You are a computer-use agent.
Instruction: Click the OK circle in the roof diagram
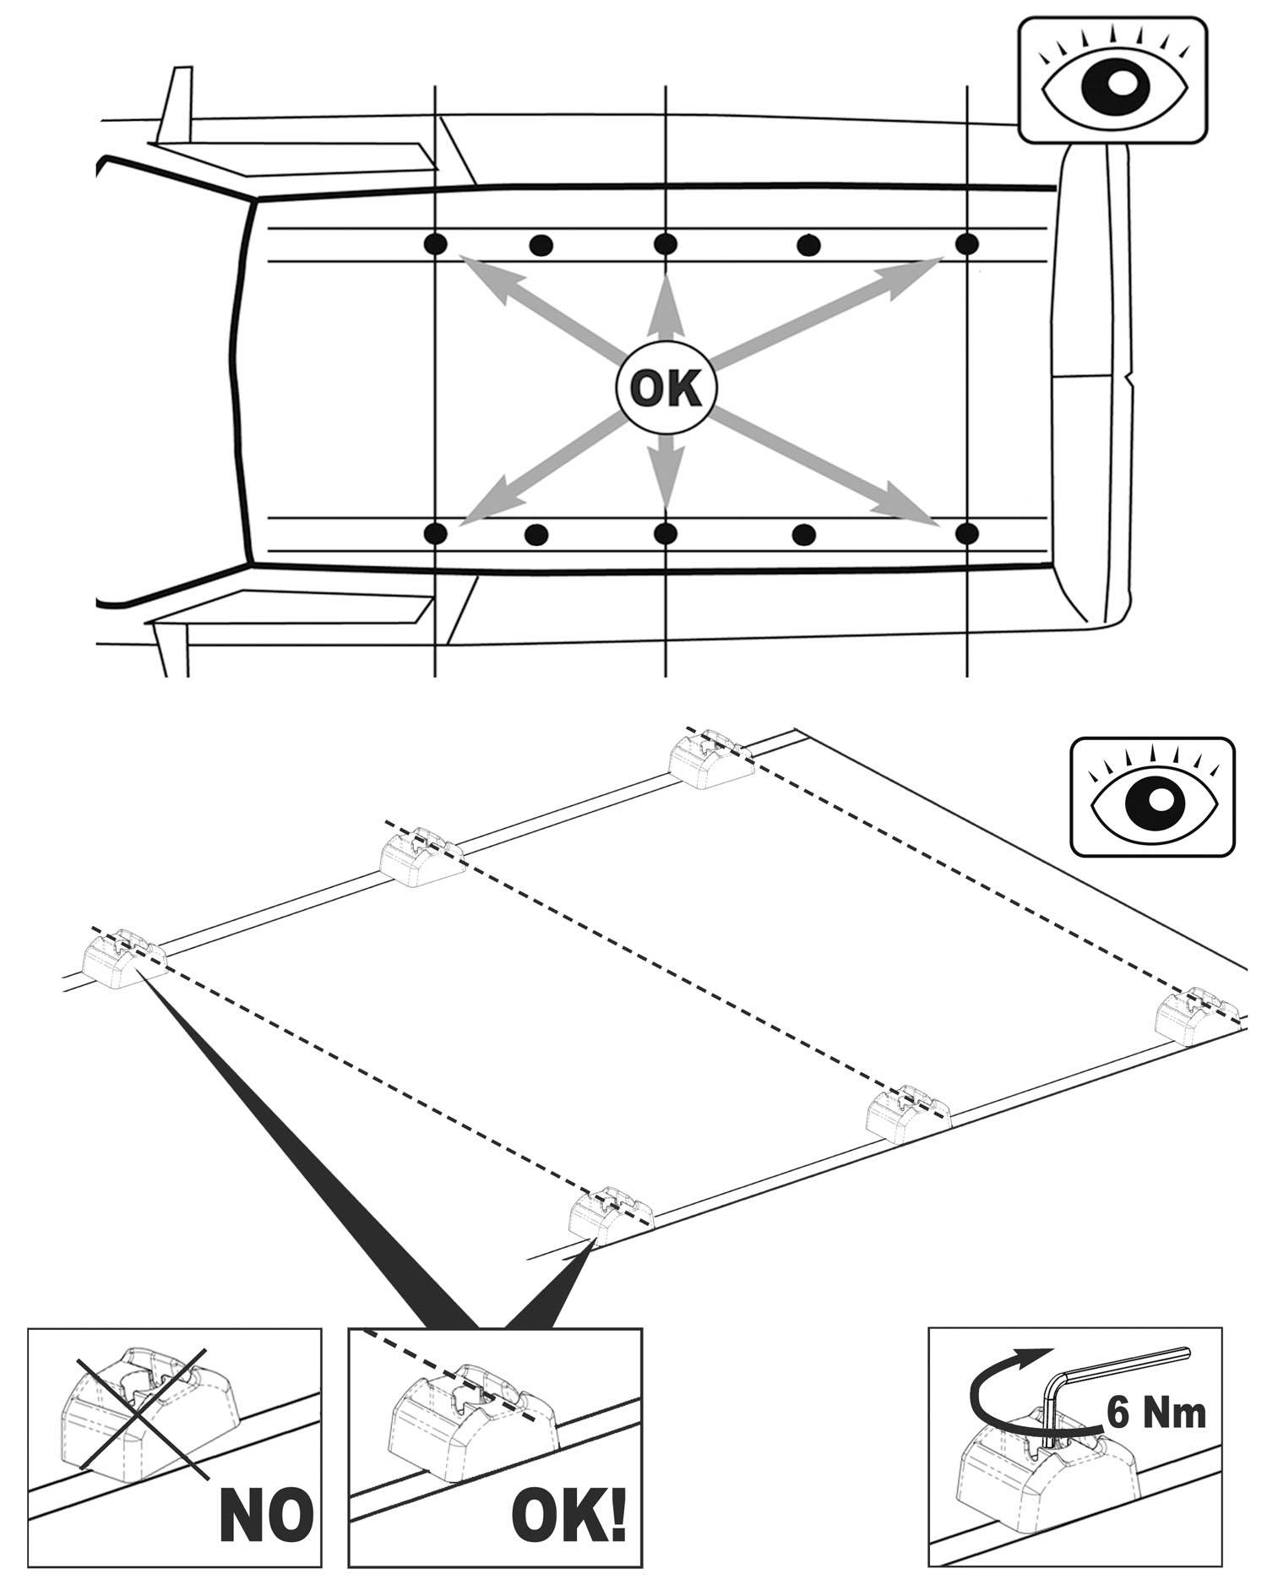coord(666,389)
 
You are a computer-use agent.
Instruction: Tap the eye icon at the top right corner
coord(1113,82)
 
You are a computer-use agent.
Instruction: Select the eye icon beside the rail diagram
coord(1152,797)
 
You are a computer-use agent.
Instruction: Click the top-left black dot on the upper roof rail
coord(435,244)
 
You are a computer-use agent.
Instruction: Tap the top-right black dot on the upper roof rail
coord(967,244)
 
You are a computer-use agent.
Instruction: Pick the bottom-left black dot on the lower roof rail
coord(435,533)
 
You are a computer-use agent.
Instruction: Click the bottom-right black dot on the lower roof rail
coord(969,533)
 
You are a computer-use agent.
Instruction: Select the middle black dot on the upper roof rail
coord(666,244)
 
